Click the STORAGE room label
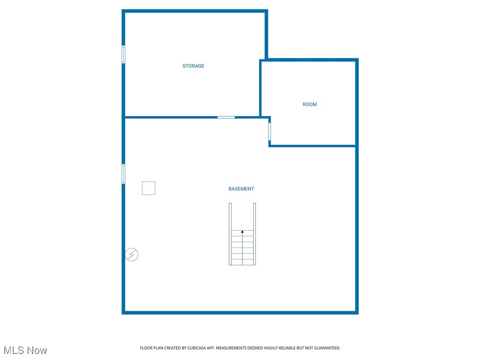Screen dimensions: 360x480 pos(193,66)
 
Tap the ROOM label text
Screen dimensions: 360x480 pos(310,105)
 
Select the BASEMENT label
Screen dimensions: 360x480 pos(241,189)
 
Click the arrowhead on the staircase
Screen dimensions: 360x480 pos(242,232)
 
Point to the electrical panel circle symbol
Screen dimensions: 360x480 pos(132,255)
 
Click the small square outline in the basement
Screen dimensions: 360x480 pos(149,188)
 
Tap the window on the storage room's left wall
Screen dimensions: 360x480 pos(124,54)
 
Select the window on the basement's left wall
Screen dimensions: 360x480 pos(124,173)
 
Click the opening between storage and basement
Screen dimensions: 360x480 pos(226,117)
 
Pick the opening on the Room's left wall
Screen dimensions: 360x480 pos(270,131)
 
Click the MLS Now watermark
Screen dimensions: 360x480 pos(25,350)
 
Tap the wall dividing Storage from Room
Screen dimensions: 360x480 pos(261,88)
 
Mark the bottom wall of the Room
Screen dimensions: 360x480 pos(313,146)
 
